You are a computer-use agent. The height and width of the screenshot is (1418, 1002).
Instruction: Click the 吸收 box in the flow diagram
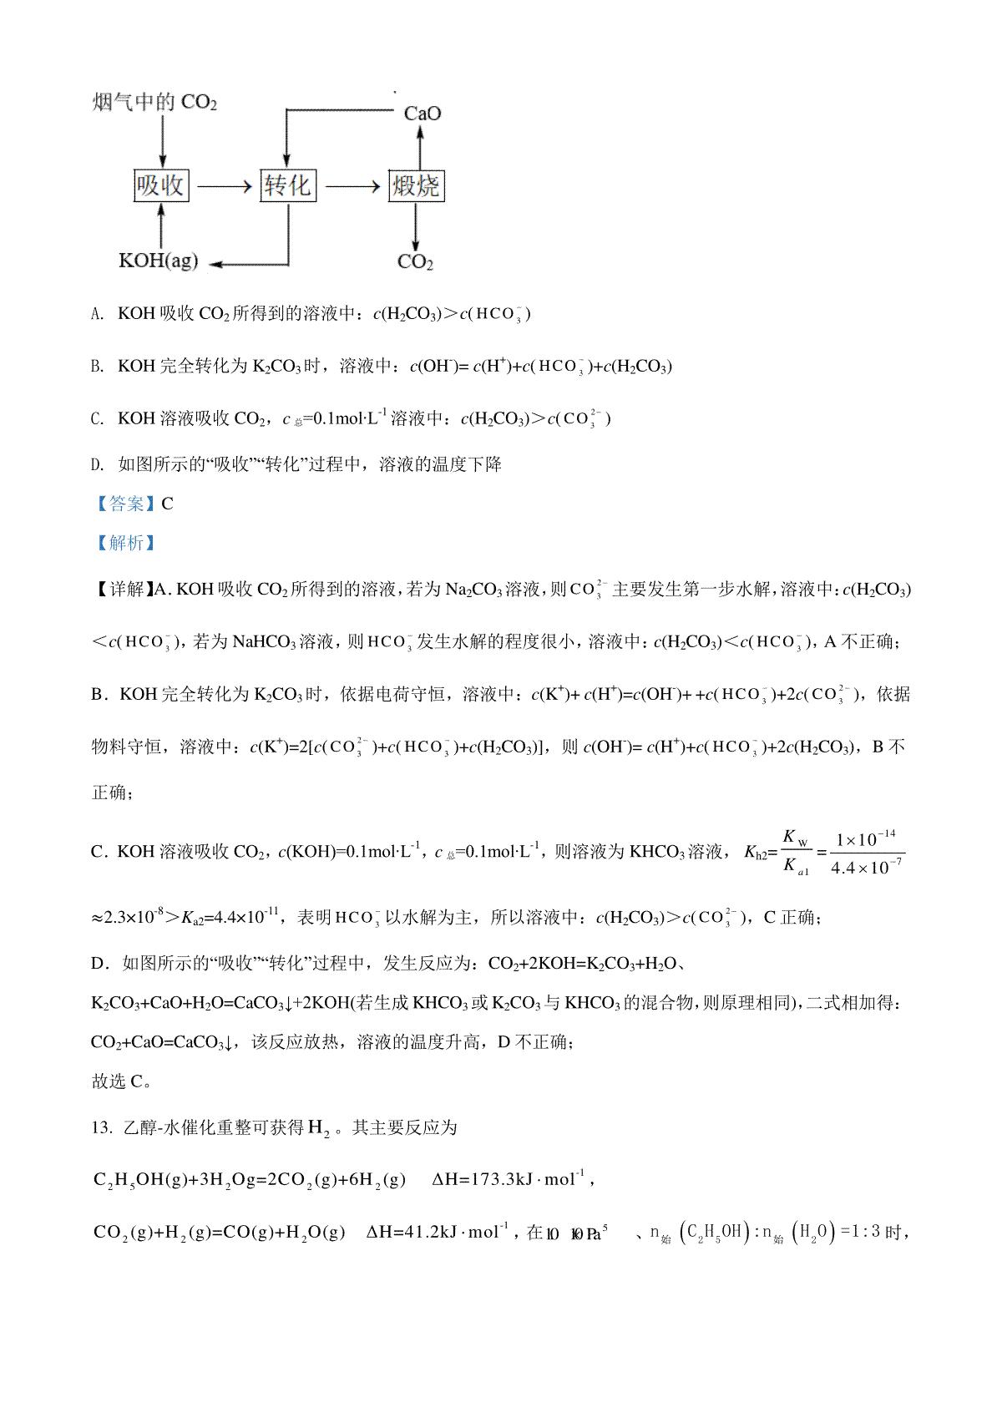click(x=161, y=185)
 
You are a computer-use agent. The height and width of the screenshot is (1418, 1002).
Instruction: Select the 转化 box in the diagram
click(x=288, y=185)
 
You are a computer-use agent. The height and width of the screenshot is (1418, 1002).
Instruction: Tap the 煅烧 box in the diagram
click(x=416, y=185)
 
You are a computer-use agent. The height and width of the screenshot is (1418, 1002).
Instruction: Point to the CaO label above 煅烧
click(x=422, y=114)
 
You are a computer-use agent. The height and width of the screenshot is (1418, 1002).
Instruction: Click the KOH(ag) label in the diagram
click(x=158, y=261)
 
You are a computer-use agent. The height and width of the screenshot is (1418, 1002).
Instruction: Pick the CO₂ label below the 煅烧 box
click(x=415, y=262)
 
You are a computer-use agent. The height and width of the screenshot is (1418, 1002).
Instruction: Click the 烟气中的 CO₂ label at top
click(x=154, y=103)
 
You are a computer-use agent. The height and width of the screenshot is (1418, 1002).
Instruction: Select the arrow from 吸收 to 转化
click(x=224, y=186)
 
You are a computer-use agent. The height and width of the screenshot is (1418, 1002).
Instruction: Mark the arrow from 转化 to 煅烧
click(x=352, y=186)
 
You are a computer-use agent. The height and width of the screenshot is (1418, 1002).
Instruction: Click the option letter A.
click(x=97, y=314)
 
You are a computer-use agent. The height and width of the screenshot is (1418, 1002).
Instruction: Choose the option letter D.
click(x=97, y=465)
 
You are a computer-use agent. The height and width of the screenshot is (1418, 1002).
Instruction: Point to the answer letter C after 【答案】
click(x=167, y=504)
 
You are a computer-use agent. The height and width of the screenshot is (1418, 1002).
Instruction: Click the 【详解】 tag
click(x=122, y=590)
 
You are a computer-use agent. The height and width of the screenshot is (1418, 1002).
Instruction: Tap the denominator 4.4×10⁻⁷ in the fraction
click(x=866, y=868)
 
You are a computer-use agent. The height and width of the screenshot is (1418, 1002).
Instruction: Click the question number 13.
click(x=101, y=1127)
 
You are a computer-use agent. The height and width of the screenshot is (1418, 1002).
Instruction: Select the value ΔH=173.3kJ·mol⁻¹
click(x=509, y=1179)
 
